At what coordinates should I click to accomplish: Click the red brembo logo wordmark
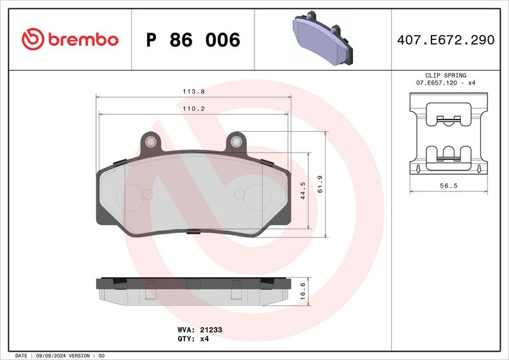tap(83, 39)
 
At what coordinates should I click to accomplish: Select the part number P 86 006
tap(193, 40)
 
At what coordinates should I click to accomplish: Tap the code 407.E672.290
tap(446, 40)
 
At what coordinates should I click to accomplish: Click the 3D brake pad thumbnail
tap(323, 38)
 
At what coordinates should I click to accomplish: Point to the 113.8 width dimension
tap(194, 92)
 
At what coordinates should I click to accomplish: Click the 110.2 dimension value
tap(194, 109)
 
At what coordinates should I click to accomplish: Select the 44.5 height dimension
tap(303, 190)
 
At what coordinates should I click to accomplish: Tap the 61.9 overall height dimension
tap(320, 184)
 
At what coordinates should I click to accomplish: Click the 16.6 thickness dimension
tap(303, 291)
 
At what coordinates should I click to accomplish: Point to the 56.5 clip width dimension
tap(449, 186)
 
